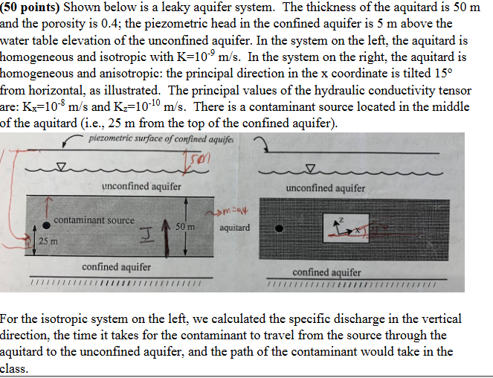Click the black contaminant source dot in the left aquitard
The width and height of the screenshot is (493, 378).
coord(46,224)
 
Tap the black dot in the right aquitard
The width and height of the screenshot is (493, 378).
coord(280,225)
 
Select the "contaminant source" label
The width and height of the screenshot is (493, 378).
coord(94,220)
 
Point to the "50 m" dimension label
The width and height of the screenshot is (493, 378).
coord(186,225)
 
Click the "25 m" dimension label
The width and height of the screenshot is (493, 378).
coord(49,241)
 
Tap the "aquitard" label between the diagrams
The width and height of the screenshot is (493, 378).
coord(235,227)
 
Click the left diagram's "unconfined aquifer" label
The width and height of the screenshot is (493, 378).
coord(141,186)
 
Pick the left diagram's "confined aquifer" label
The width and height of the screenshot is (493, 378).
coord(116,267)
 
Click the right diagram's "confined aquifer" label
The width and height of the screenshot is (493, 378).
coord(326,272)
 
